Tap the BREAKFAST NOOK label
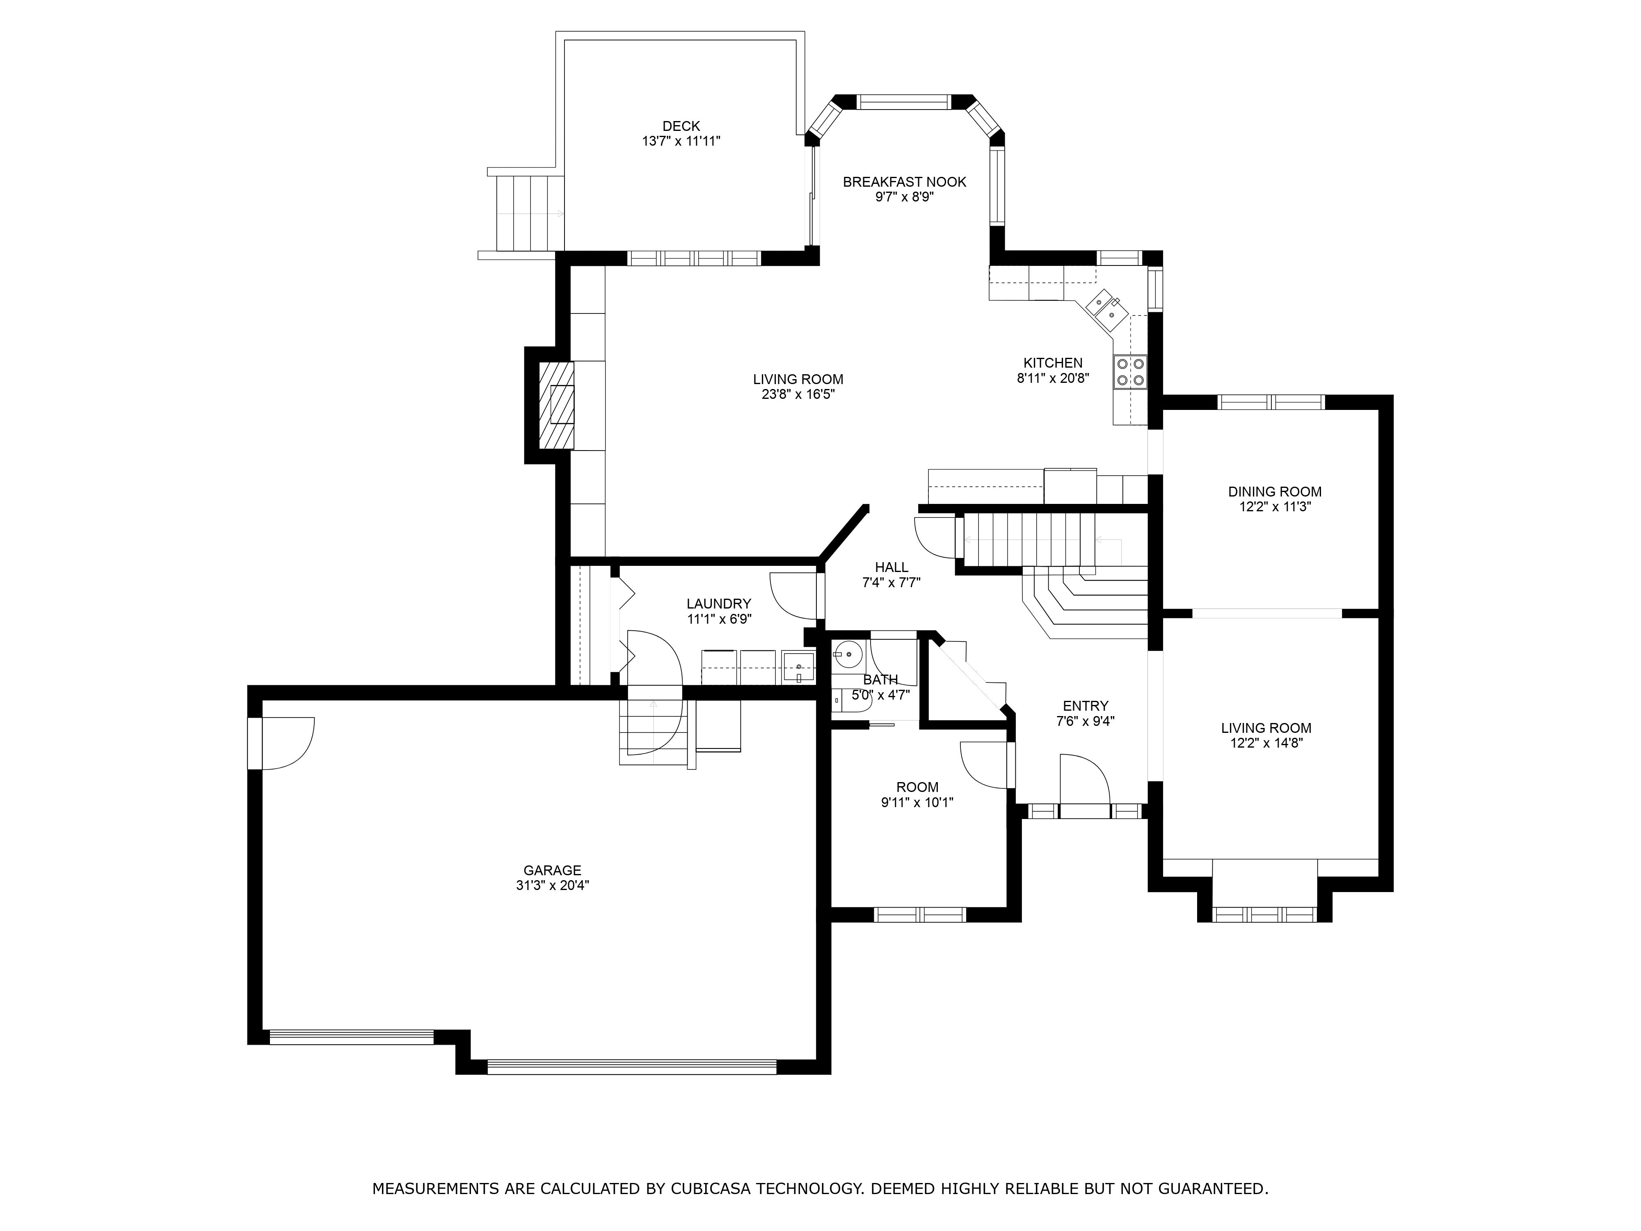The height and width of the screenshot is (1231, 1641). point(904,182)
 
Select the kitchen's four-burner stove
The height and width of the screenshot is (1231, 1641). point(1129,373)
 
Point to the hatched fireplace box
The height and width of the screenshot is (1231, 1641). point(555,405)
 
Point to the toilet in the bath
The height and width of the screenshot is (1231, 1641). point(846,700)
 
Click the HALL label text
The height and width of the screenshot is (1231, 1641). point(891,567)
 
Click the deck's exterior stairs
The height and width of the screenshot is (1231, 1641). point(528,213)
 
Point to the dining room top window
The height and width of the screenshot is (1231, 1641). point(1271,402)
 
